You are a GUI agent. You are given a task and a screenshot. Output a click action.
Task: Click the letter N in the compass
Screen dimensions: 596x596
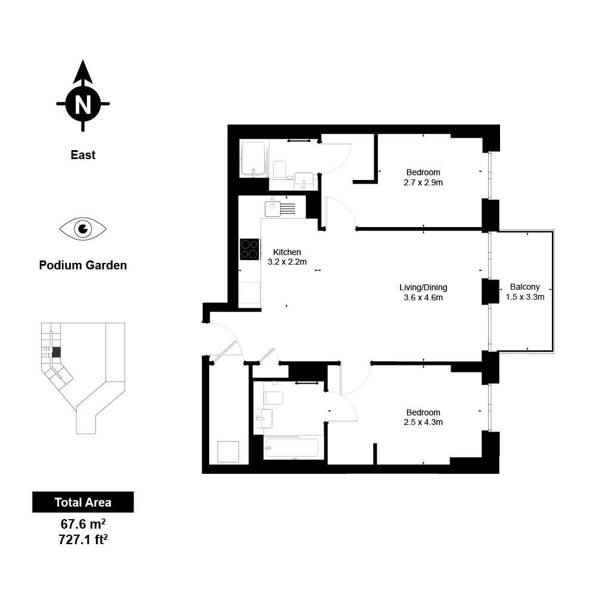tap(83, 104)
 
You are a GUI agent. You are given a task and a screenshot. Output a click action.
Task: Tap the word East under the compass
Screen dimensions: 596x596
tap(83, 155)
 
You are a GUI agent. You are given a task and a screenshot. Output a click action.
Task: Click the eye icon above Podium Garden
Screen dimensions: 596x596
tap(83, 229)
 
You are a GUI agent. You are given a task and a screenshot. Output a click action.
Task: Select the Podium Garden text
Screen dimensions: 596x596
tap(83, 265)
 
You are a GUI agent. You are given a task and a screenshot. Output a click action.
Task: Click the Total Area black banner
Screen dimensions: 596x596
tap(83, 502)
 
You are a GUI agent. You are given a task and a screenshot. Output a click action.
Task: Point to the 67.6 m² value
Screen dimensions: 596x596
tap(83, 524)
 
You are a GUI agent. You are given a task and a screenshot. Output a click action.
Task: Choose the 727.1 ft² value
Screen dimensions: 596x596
tap(83, 539)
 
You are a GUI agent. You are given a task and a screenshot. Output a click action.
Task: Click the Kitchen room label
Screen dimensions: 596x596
tap(287, 252)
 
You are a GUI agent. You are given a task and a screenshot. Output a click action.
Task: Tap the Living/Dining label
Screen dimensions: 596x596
tap(423, 287)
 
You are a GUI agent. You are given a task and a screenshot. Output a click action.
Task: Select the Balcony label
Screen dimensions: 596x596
tap(525, 287)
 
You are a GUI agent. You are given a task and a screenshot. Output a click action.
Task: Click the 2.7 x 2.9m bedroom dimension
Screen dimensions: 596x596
tap(423, 182)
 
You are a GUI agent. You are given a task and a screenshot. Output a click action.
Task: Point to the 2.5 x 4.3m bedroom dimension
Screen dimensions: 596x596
tap(423, 423)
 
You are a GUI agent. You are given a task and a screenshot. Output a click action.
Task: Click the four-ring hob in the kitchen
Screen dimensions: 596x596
tap(250, 249)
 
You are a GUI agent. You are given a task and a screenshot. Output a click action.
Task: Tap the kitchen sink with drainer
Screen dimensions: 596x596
tap(280, 209)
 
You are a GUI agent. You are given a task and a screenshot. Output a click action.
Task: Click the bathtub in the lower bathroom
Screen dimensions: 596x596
tap(292, 448)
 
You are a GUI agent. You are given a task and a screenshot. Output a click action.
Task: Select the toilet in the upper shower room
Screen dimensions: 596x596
tap(280, 170)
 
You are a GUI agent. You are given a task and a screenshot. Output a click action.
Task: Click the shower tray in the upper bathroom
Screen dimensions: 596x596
tap(253, 159)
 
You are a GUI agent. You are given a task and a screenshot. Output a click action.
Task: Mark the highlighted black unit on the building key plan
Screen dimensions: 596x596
tap(56, 352)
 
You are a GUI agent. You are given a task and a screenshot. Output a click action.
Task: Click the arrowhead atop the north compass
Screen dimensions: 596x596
tap(83, 72)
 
